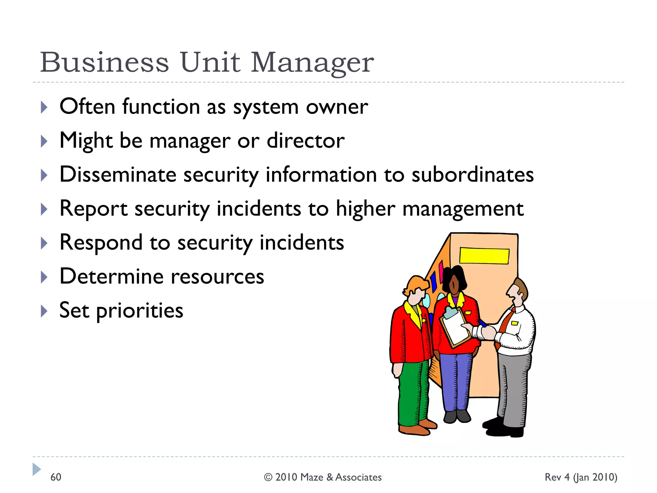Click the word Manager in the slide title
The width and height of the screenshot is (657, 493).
312,62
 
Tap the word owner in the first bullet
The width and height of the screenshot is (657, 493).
337,107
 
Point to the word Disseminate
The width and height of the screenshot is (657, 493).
118,175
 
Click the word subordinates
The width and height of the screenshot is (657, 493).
473,175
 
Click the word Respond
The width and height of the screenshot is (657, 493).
101,243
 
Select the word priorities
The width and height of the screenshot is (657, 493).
140,311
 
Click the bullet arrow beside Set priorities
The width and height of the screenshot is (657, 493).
44,311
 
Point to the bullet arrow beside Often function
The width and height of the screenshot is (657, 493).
44,107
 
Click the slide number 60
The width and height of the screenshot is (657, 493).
56,477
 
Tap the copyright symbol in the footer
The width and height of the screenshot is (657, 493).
268,477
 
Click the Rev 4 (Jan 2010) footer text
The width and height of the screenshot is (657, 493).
581,477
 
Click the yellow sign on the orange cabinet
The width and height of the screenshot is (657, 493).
484,256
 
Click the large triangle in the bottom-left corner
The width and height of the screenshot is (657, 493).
36,469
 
